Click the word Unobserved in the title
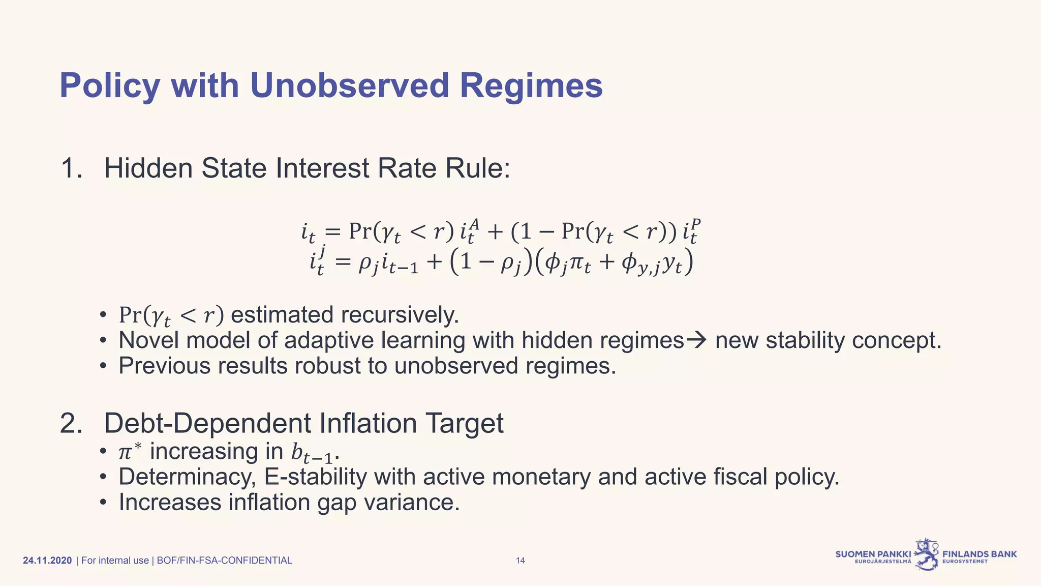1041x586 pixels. [349, 85]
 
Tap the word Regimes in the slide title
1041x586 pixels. [531, 85]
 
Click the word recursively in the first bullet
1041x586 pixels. [400, 315]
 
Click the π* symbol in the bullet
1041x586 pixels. [129, 451]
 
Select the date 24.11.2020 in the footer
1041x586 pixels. [48, 561]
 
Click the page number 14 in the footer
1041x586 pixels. [520, 561]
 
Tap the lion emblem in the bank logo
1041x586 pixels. [927, 554]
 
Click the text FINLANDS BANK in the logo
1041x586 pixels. [979, 554]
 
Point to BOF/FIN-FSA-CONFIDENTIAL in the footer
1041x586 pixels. [224, 561]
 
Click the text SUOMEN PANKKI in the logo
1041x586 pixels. [873, 554]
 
